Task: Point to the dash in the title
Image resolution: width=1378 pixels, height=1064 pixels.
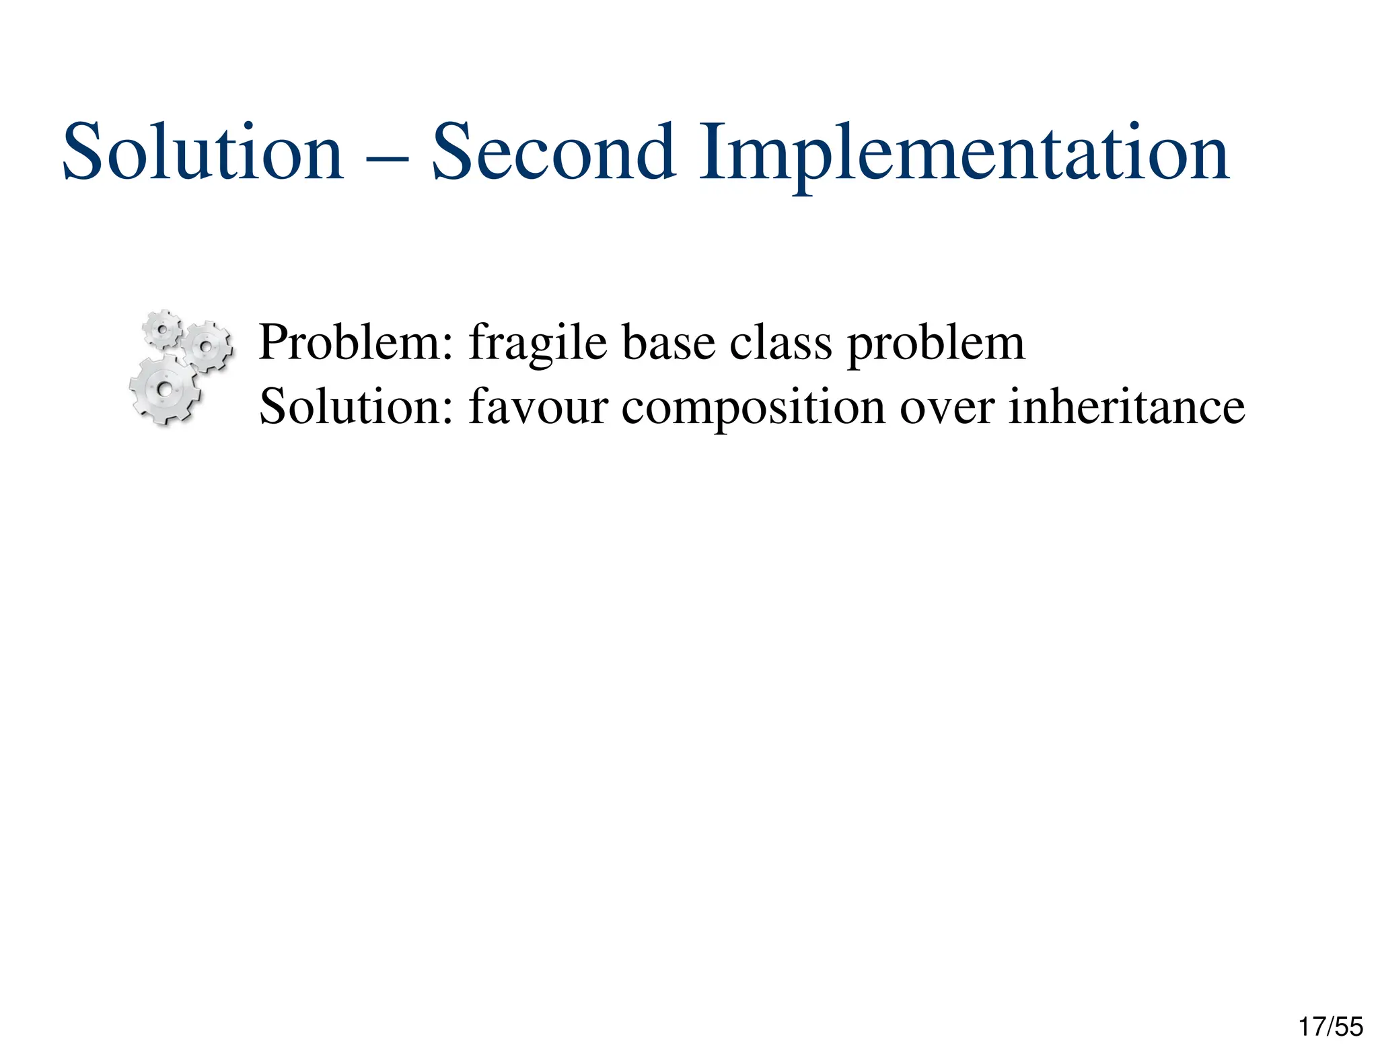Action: pyautogui.click(x=388, y=160)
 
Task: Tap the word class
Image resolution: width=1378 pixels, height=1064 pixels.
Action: pyautogui.click(x=781, y=342)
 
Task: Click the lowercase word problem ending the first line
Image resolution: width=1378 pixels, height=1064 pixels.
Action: pyautogui.click(x=935, y=344)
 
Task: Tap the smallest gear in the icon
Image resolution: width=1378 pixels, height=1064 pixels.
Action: pyautogui.click(x=162, y=329)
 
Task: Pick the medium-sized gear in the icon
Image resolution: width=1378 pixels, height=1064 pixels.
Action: pyautogui.click(x=207, y=346)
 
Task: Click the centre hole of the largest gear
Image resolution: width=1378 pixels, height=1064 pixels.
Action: pyautogui.click(x=164, y=389)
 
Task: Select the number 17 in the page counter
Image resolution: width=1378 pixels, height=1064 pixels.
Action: pyautogui.click(x=1311, y=1027)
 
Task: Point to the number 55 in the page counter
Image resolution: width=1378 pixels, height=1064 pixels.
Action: pyautogui.click(x=1349, y=1027)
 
